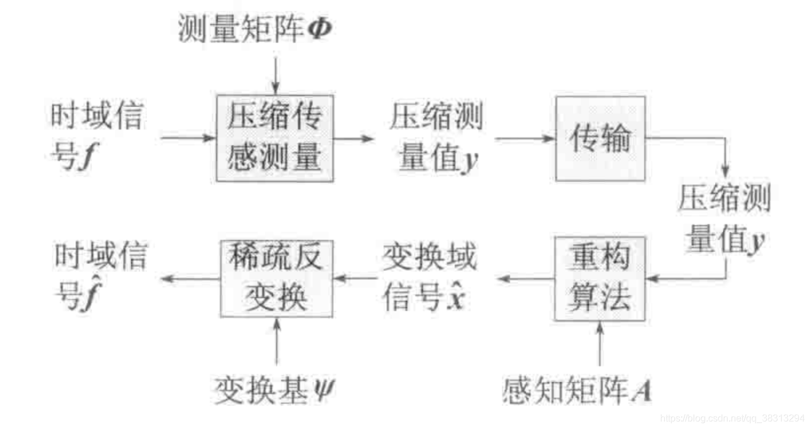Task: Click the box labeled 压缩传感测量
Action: [274, 138]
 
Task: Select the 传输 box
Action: [599, 138]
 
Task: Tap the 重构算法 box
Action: [599, 278]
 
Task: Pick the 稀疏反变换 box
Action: [276, 278]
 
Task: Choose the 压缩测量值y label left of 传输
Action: [436, 138]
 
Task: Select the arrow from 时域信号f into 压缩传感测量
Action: [187, 138]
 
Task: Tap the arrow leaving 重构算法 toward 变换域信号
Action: [525, 278]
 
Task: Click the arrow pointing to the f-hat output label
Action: [189, 278]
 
